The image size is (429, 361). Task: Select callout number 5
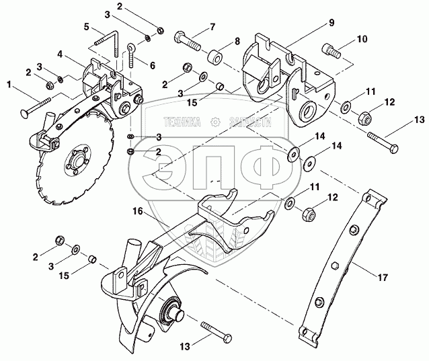(x=87, y=27)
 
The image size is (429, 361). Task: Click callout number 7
(x=212, y=27)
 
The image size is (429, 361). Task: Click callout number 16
(x=137, y=211)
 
